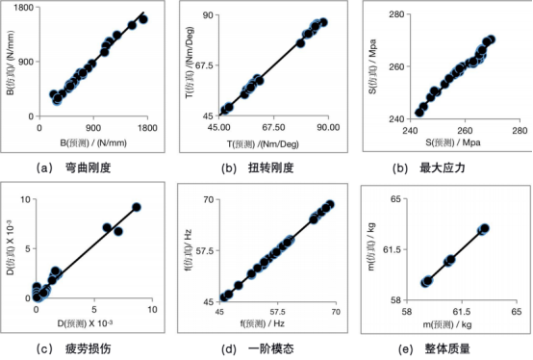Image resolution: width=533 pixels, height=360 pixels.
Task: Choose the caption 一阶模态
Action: tap(269, 349)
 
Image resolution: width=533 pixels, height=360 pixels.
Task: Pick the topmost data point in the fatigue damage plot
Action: tap(137, 207)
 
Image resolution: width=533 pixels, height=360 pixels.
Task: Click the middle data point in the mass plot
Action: tap(449, 260)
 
